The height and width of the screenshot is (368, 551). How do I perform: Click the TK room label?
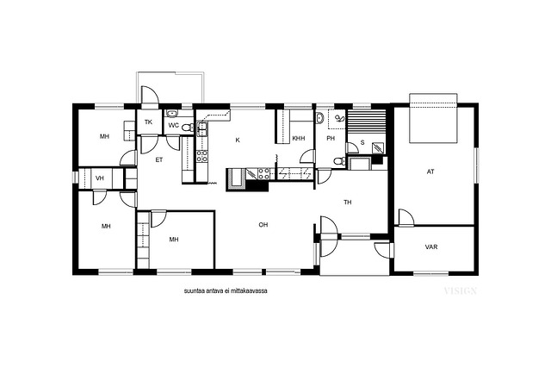148,122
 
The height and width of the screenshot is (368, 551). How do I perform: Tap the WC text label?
174,125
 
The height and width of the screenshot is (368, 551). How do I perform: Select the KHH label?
299,138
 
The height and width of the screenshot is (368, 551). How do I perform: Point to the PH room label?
331,138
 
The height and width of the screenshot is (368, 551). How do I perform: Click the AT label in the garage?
430,172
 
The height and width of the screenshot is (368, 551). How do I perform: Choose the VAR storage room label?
431,247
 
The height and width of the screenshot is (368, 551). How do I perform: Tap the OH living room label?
263,224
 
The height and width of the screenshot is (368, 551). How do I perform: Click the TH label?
348,203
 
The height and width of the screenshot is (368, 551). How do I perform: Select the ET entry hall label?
159,159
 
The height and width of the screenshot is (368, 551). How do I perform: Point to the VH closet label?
100,178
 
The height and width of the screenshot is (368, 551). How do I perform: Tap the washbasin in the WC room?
171,113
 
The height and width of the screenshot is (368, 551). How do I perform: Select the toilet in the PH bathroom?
339,161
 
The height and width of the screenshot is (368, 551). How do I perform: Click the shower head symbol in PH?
339,119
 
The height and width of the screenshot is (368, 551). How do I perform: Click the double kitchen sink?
202,128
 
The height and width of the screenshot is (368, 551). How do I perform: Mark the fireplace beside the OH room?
237,178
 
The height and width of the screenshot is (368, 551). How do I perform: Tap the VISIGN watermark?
461,291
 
